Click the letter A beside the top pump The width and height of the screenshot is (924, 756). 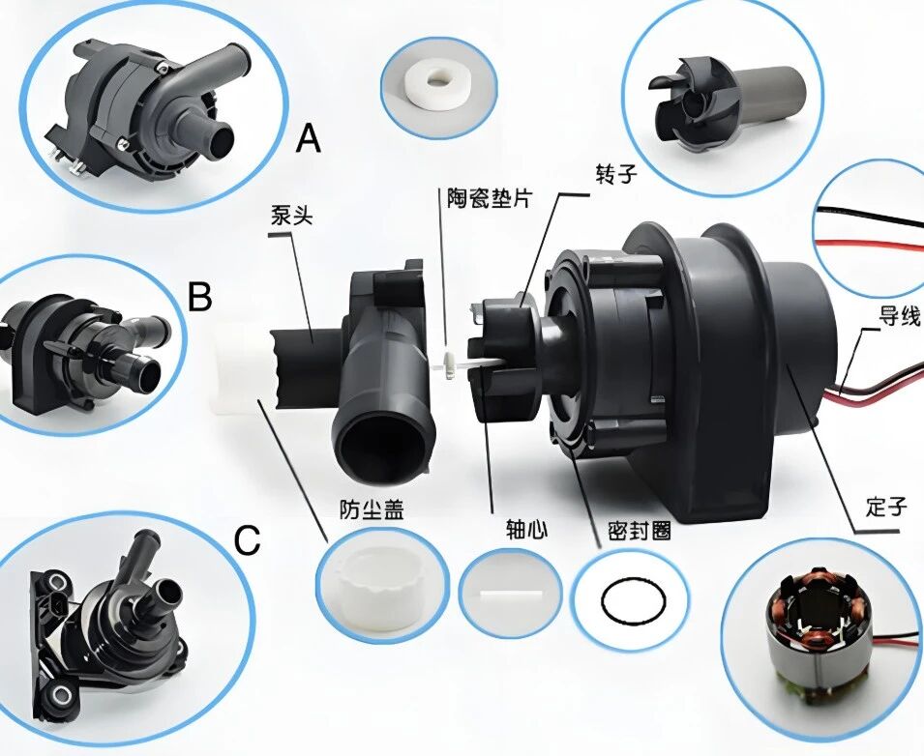click(309, 139)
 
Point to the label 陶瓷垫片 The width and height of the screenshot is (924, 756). click(490, 197)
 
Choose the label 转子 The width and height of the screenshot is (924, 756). click(615, 174)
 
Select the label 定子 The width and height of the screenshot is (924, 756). click(886, 507)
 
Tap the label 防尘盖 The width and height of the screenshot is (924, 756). click(372, 509)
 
